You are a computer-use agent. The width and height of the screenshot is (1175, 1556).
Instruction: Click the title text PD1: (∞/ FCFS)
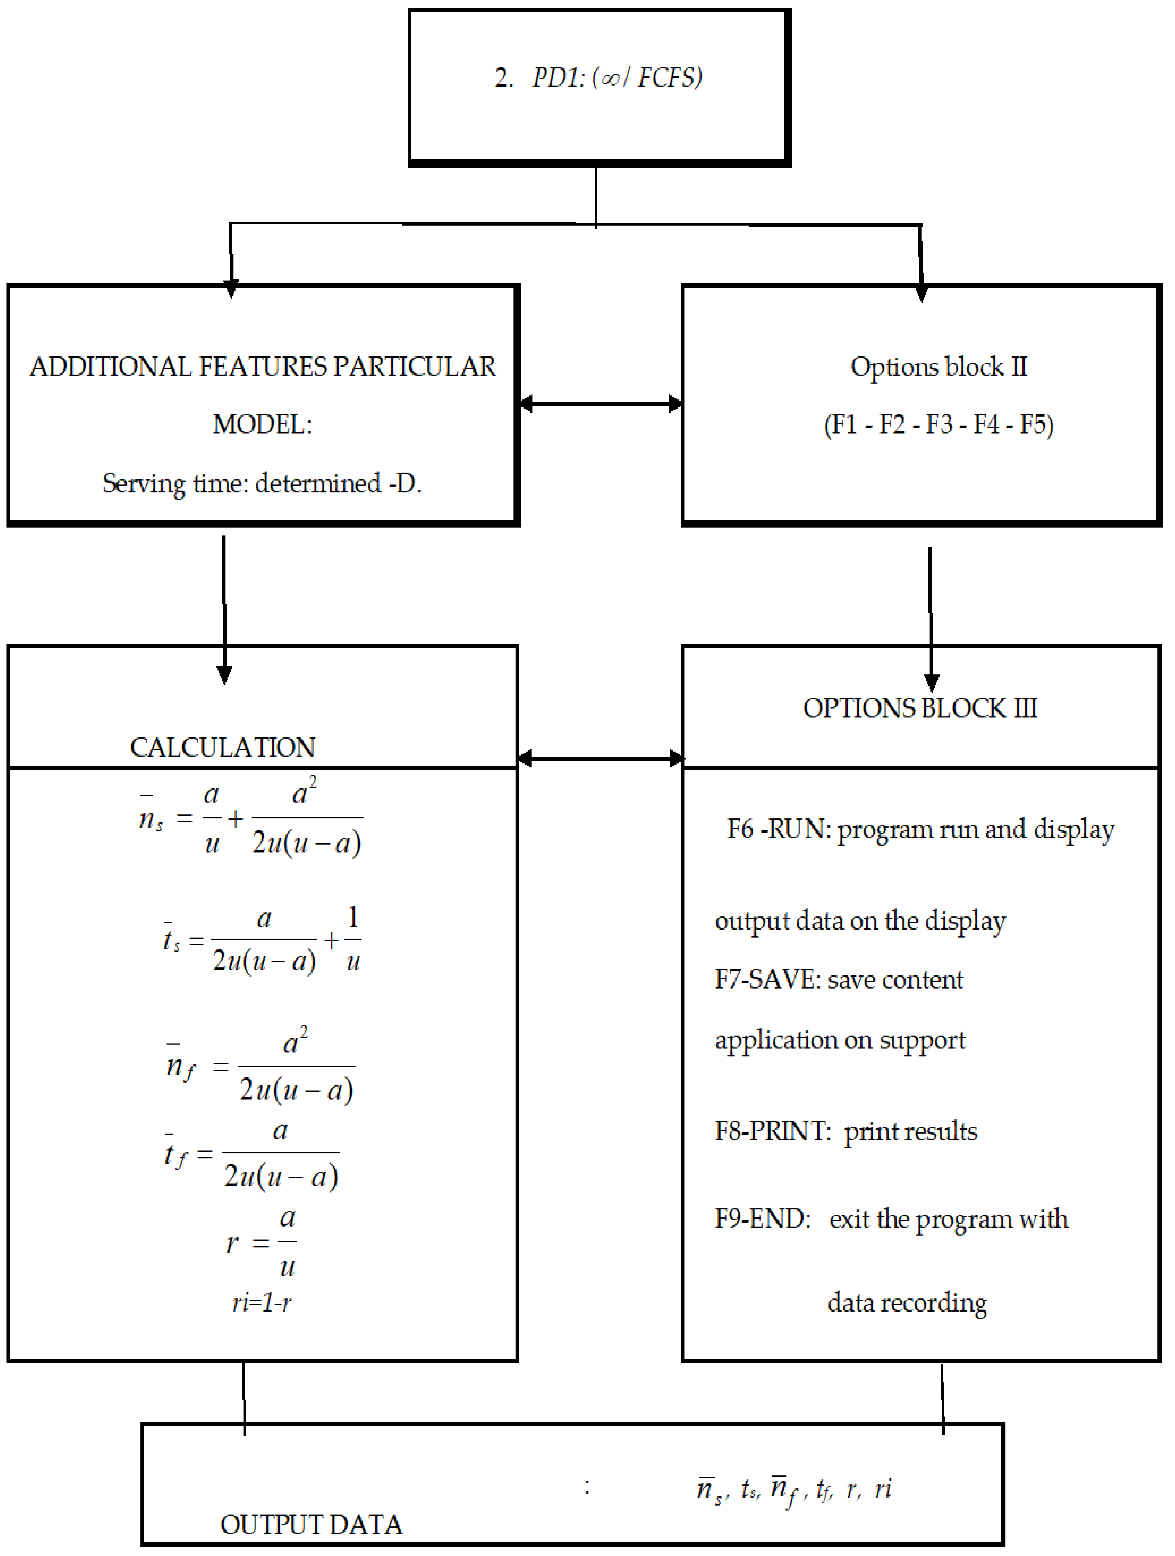(616, 77)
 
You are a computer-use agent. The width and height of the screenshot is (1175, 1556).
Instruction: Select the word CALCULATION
(222, 747)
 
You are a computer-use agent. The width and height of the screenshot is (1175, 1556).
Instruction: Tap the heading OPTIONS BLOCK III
(919, 708)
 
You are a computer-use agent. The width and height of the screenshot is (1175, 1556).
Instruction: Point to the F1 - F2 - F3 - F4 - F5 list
(939, 425)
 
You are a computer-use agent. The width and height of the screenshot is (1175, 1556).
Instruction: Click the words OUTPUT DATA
(311, 1524)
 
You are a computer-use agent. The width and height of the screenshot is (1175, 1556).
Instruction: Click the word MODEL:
(262, 425)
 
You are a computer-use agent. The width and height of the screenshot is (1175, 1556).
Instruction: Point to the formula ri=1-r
(262, 1303)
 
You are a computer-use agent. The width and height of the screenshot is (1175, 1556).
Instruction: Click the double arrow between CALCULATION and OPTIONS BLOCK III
(600, 758)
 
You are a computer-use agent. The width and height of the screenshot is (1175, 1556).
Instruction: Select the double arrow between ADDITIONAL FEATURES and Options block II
(600, 404)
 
